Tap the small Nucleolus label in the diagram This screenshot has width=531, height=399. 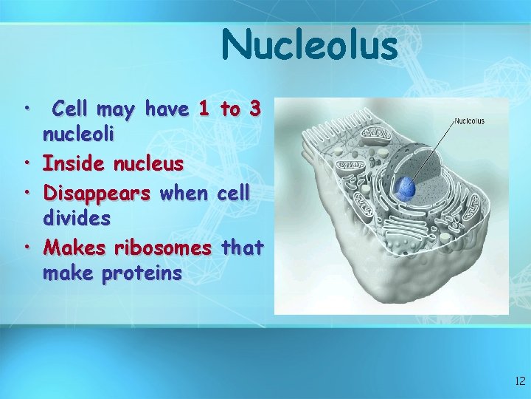[469, 121]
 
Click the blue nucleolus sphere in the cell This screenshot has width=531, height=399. [406, 188]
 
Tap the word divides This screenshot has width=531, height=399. [77, 219]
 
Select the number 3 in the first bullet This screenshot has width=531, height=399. [254, 110]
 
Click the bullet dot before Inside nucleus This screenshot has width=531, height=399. [26, 161]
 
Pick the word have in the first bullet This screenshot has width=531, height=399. [167, 110]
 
